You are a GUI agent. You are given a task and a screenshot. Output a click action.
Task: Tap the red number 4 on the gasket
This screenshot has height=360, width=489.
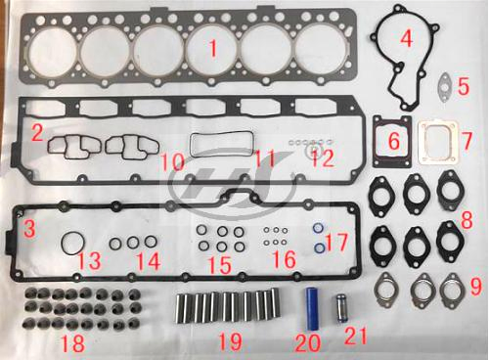tap(406, 39)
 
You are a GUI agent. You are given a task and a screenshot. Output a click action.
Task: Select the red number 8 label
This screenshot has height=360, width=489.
tap(467, 216)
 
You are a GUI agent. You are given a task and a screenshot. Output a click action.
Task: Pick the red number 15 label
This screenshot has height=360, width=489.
tap(221, 264)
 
